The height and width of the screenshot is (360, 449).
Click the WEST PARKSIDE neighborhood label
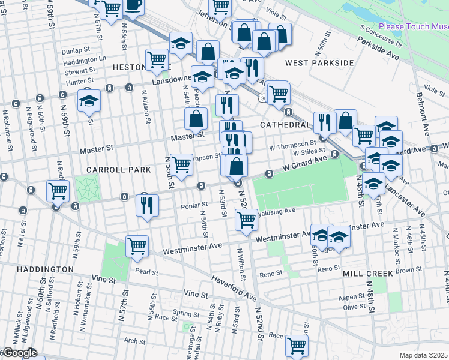(319, 63)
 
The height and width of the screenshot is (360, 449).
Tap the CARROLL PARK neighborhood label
(119, 170)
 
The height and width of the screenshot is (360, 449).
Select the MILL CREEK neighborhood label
(368, 273)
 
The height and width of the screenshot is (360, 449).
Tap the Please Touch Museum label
(414, 27)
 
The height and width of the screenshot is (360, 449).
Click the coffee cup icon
(134, 5)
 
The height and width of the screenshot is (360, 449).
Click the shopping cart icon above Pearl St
(137, 246)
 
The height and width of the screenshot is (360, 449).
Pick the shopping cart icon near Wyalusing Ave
(246, 219)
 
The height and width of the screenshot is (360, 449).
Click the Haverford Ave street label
(235, 289)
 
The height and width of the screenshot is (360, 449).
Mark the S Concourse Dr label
(380, 35)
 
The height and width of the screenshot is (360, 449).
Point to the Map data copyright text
(424, 355)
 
